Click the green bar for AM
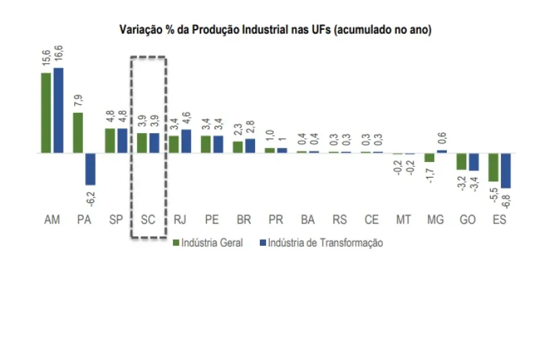(46, 112)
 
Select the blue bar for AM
(58, 110)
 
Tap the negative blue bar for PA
(90, 168)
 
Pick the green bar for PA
(78, 132)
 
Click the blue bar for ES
(506, 170)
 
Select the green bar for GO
(461, 161)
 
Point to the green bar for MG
(429, 157)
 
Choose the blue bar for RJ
(186, 141)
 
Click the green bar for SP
(109, 140)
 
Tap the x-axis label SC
(148, 220)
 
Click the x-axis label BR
(244, 220)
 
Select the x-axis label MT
(404, 220)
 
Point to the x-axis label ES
(500, 220)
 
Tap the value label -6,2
(90, 197)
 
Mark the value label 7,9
(78, 102)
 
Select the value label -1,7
(429, 175)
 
